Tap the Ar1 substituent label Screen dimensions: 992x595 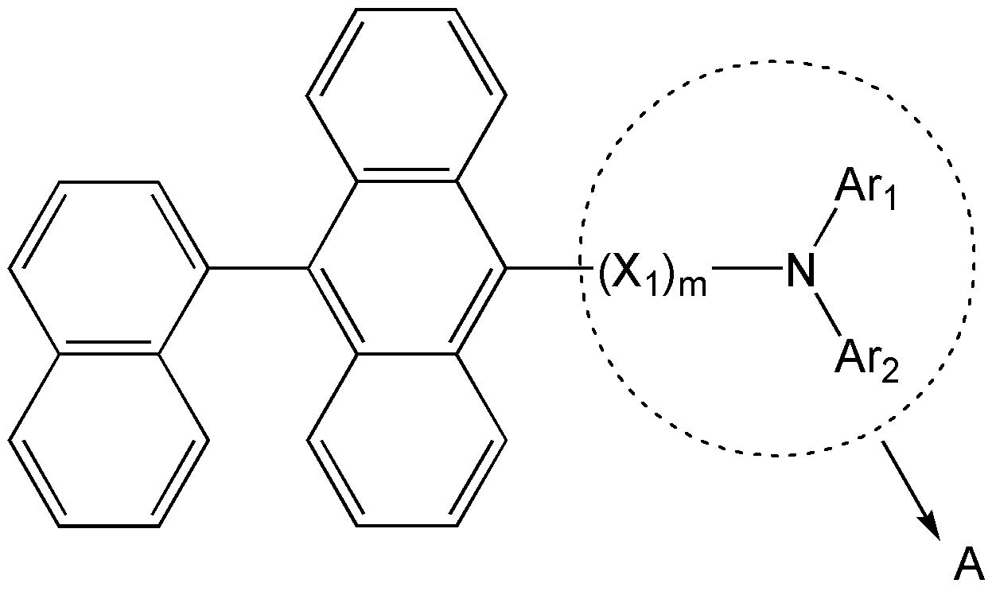(866, 190)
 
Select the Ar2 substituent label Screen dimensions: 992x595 (866, 361)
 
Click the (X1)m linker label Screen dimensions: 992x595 (653, 274)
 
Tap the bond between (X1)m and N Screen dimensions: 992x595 (747, 268)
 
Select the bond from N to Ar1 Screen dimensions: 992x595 (827, 227)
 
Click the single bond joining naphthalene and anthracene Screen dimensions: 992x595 (258, 268)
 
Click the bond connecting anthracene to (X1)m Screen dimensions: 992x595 (549, 268)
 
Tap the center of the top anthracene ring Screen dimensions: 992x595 (407, 95)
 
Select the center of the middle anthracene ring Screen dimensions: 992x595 (407, 268)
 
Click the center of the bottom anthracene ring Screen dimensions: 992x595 (407, 441)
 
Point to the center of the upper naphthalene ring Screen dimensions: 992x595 (108, 268)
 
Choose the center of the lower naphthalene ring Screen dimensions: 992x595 (108, 441)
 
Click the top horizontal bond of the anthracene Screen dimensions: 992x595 (407, 10)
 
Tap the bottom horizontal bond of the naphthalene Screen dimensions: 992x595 (108, 526)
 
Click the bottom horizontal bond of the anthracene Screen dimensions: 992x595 (407, 526)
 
